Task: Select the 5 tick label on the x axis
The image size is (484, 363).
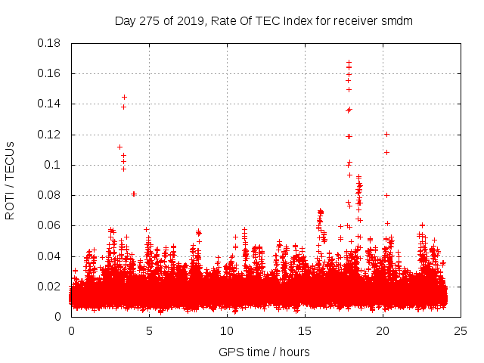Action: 149,330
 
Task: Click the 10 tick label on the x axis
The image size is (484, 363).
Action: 227,330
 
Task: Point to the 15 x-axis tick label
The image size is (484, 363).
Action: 305,330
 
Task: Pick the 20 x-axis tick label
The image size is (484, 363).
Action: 383,330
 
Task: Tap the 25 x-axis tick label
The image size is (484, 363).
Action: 461,330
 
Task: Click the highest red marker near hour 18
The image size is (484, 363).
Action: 349,63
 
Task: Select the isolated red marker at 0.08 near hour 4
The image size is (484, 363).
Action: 134,194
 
